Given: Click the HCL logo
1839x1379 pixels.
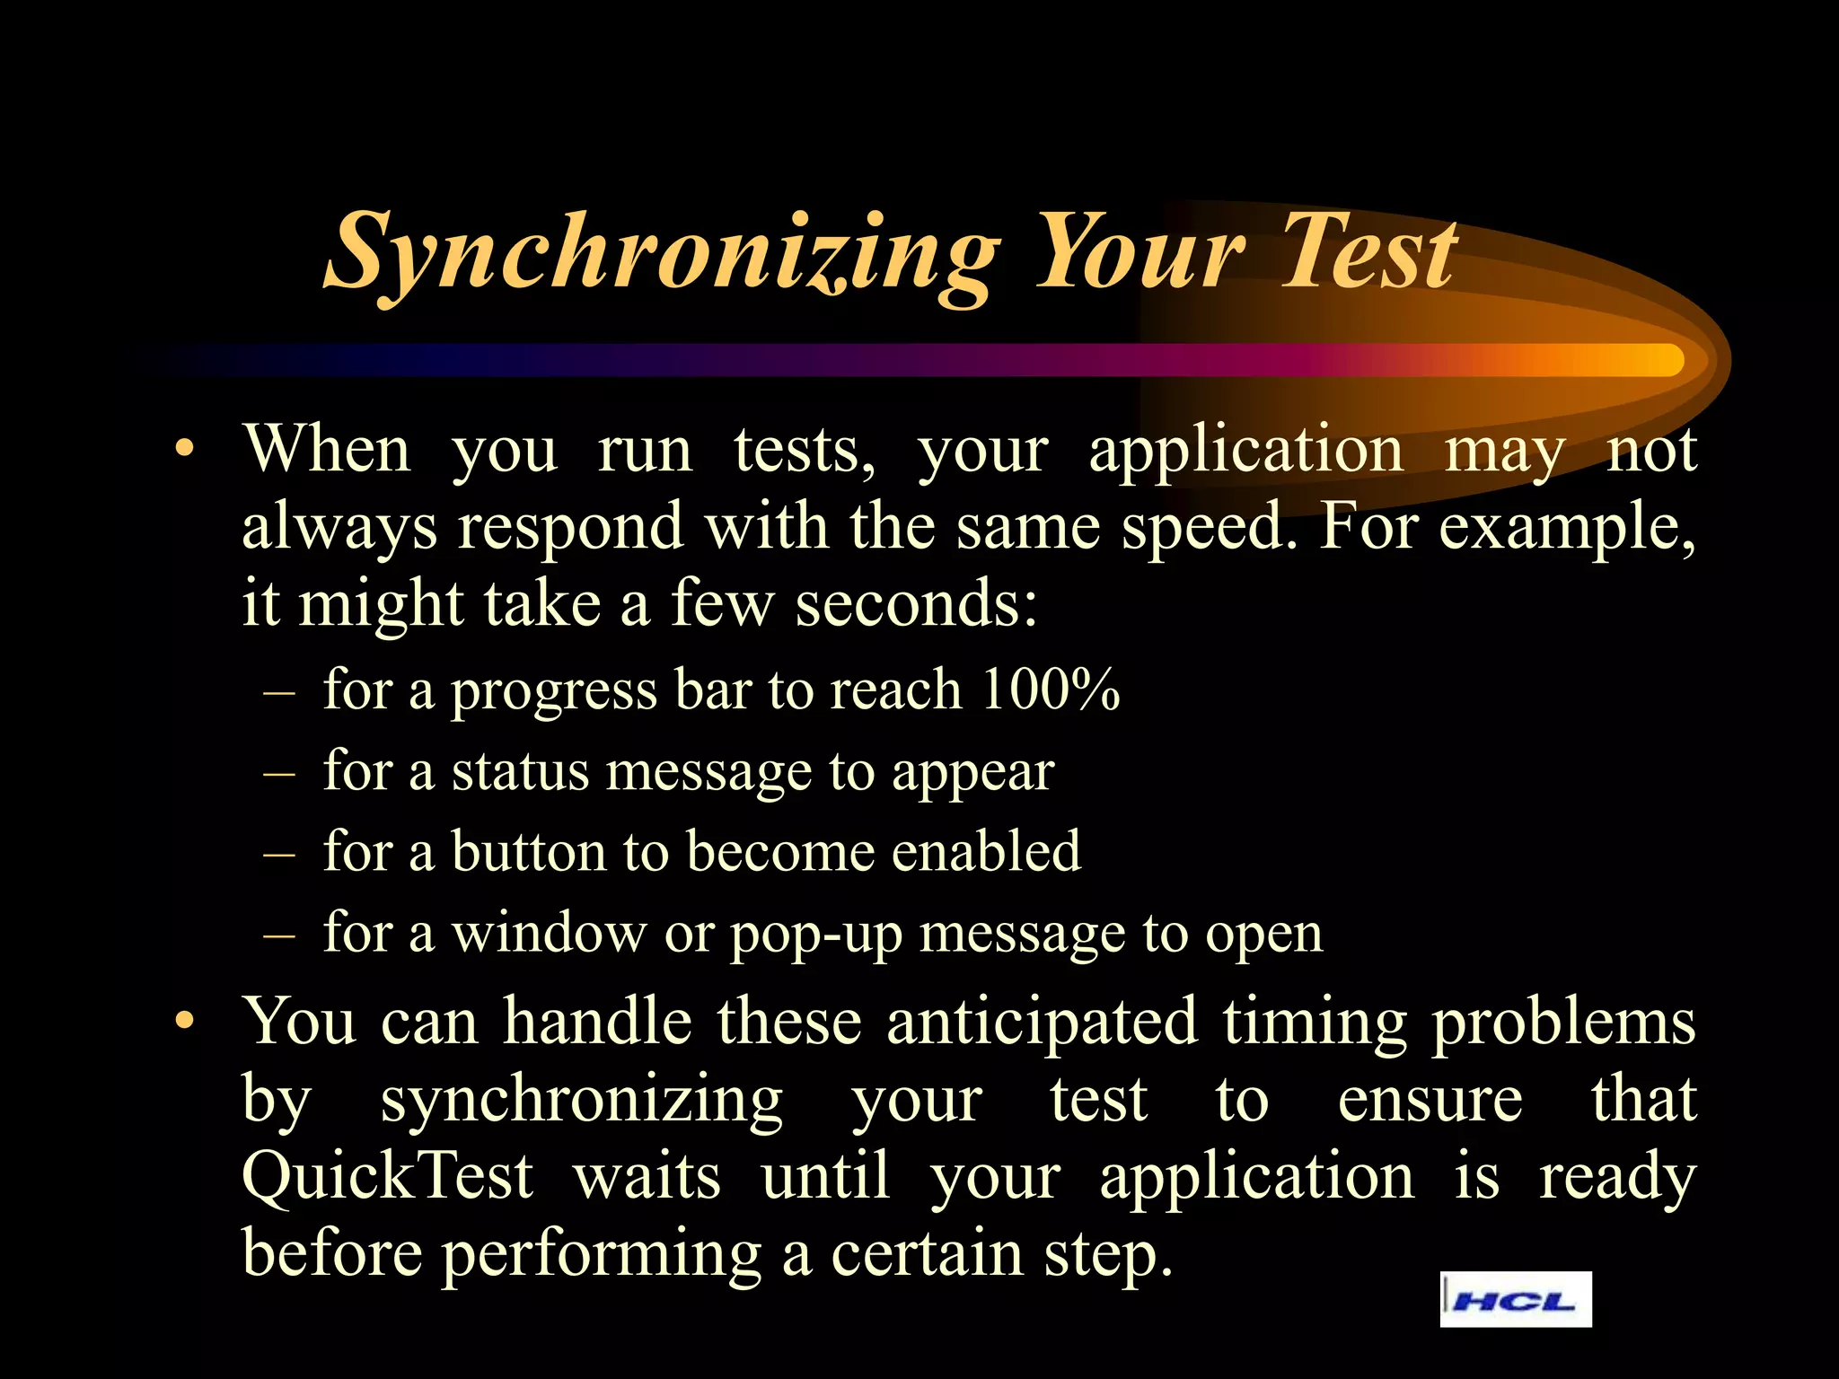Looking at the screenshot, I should [1515, 1299].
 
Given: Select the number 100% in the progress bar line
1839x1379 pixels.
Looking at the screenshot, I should [1050, 689].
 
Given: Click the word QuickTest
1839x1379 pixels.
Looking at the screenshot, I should [388, 1176].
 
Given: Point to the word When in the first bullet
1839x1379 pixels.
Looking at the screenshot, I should [327, 448].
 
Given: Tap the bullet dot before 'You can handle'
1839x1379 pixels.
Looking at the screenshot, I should [185, 1021].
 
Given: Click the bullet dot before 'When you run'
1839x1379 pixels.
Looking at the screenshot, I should [185, 448].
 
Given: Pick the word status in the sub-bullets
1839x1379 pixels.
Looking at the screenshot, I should [520, 771].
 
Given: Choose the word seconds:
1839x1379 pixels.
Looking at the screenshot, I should [916, 603].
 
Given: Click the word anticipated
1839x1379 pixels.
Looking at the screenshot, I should [1042, 1021].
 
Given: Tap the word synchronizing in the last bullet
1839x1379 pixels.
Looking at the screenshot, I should [581, 1101].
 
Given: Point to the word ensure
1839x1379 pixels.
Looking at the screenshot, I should [1430, 1099].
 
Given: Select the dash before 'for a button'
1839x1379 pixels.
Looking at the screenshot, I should [280, 853].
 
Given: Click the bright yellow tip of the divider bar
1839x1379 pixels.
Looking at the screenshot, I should [1661, 360].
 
